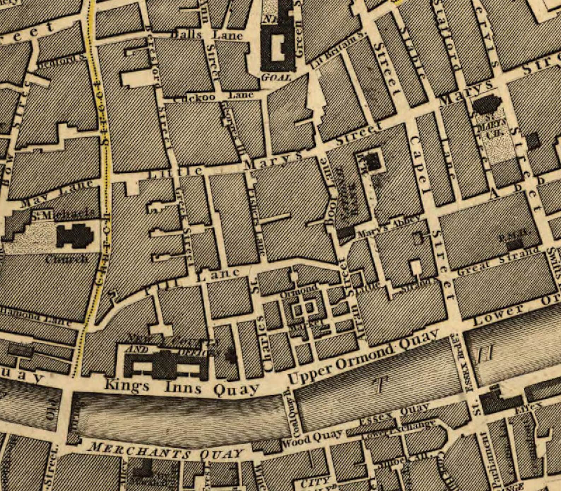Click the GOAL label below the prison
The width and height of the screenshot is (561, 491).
276,77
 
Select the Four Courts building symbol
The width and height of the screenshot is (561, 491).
166,364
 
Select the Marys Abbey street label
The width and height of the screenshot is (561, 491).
389,226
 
